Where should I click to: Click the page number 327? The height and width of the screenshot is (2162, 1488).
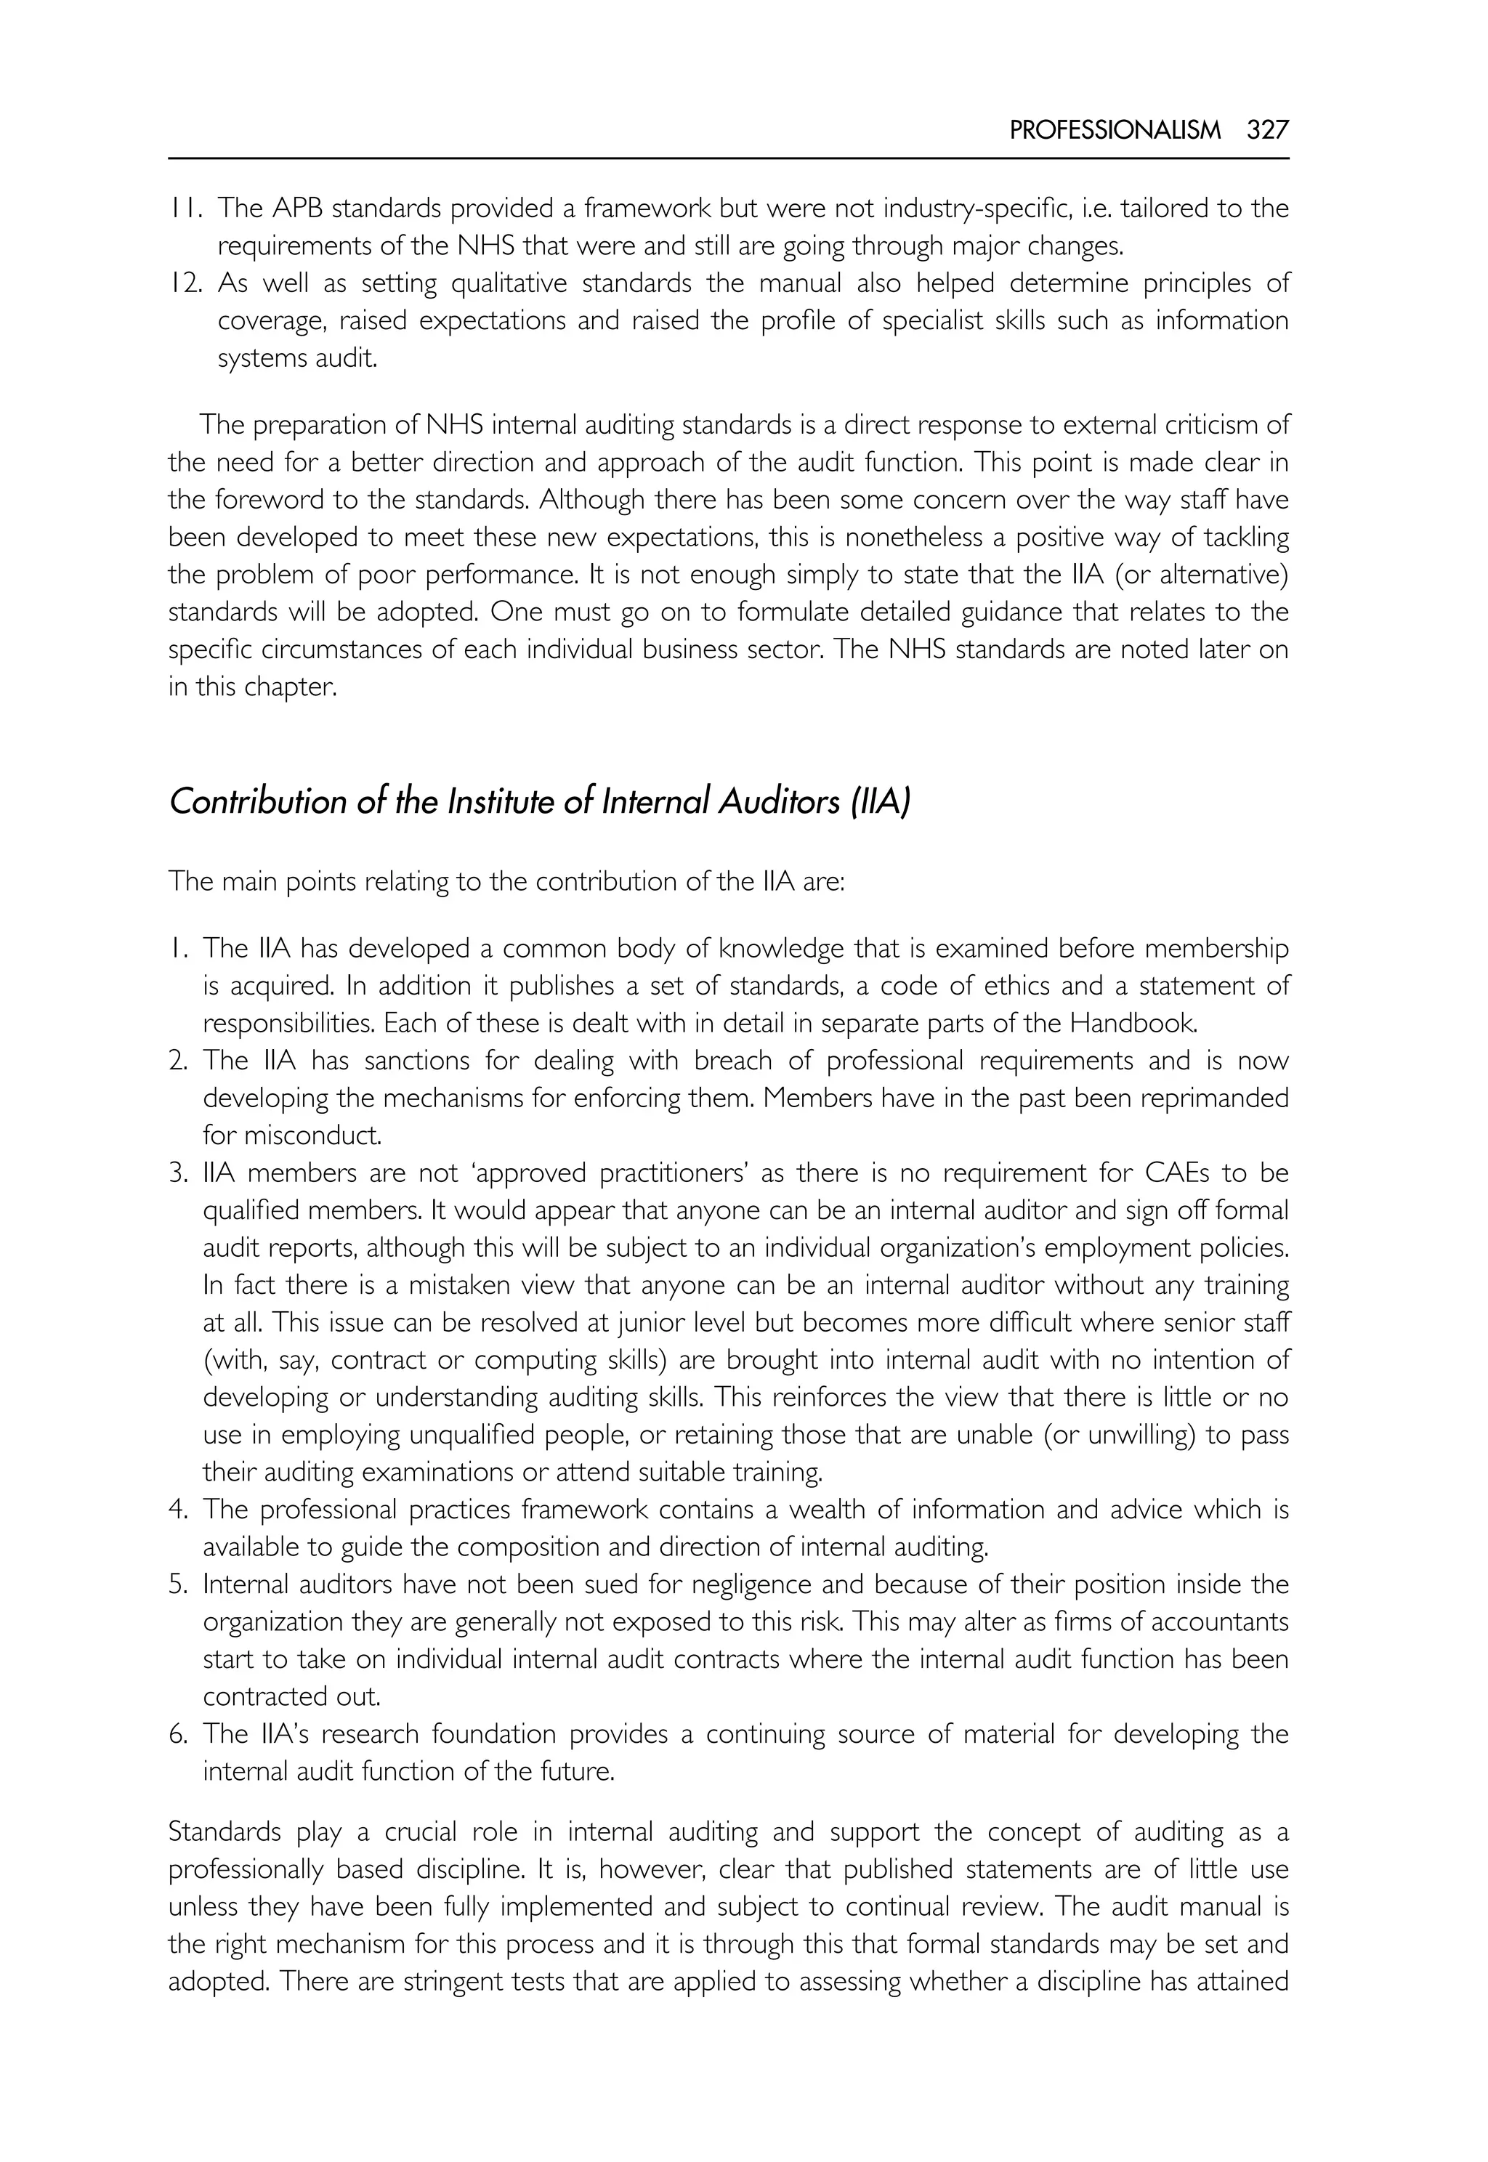point(1267,131)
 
